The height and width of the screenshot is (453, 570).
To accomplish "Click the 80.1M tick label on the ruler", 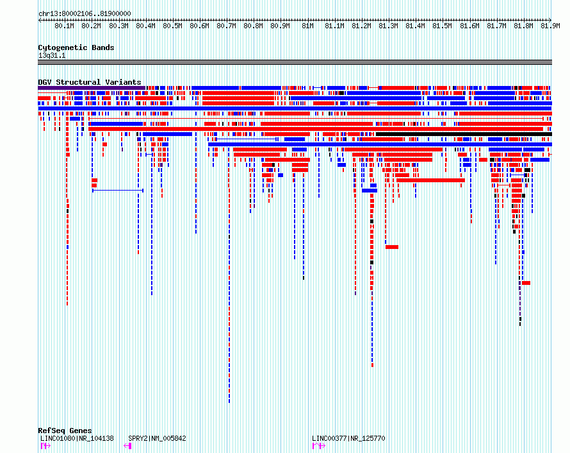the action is tap(64, 26).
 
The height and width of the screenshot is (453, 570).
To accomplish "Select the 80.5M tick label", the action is tap(172, 26).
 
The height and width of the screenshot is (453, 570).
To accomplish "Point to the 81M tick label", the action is tap(307, 26).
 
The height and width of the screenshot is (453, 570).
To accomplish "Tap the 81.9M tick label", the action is tap(550, 26).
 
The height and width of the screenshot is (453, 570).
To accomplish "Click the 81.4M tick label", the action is tap(415, 26).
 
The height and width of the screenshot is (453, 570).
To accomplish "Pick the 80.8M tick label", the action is tap(253, 26).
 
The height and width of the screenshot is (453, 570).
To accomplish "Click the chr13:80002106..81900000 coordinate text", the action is tap(85, 14).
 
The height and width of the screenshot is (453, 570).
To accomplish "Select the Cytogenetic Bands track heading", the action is tap(76, 47).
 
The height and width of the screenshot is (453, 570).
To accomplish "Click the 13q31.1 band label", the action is tap(52, 55).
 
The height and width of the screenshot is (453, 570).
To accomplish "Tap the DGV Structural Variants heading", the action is tap(90, 82).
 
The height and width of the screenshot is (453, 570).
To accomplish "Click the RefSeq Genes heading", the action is tap(65, 431).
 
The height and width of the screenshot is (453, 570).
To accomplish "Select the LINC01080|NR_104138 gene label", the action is tap(77, 438).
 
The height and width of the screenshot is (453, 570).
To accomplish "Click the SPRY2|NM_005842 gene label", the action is tap(157, 438).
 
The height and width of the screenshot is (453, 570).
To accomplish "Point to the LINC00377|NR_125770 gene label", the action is tap(348, 438).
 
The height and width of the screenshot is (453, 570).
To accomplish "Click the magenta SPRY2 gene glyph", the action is tap(127, 446).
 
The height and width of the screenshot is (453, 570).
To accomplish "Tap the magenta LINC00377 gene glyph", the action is tap(319, 446).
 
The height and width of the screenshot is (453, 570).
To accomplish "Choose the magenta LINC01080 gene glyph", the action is tap(45, 446).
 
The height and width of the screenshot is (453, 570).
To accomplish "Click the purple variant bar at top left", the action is tap(92, 88).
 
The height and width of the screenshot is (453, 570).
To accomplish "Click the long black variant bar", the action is tap(464, 134).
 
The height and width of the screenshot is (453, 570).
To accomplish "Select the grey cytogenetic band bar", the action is tap(295, 62).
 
